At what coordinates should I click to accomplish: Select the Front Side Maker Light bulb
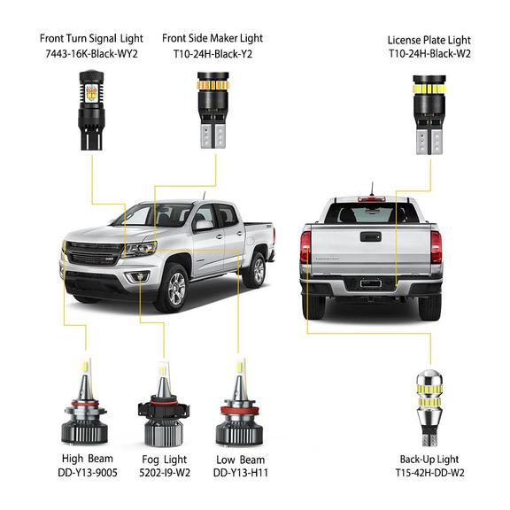[213, 110]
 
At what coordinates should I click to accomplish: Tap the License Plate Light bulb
[430, 114]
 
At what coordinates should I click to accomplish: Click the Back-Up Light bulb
[430, 408]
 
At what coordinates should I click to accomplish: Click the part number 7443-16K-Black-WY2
[92, 54]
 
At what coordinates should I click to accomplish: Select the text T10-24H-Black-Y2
[212, 54]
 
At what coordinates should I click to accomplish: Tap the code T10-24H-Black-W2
[430, 53]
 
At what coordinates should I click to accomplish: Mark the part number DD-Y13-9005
[88, 472]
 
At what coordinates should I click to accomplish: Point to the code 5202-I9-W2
[165, 472]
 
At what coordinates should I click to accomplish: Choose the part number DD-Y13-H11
[241, 472]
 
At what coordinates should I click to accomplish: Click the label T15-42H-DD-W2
[430, 472]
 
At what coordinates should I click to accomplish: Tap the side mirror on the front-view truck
[203, 225]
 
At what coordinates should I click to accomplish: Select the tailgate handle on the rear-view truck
[371, 236]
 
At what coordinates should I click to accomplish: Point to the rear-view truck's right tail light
[436, 246]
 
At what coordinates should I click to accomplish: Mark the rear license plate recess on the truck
[371, 283]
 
